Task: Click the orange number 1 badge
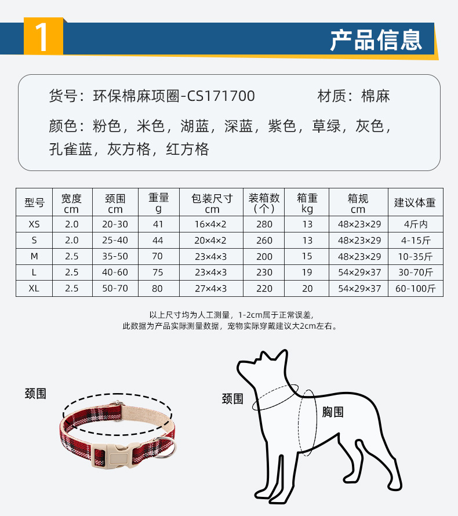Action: click(x=43, y=36)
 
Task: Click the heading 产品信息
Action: click(x=376, y=40)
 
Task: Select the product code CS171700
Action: click(x=221, y=96)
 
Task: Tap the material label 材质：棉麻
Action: click(x=354, y=96)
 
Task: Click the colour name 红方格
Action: click(x=187, y=149)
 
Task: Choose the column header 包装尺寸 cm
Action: click(x=212, y=203)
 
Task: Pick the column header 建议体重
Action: click(x=415, y=202)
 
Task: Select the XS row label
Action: click(x=34, y=224)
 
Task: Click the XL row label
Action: click(x=34, y=289)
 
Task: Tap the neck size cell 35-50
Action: click(x=115, y=256)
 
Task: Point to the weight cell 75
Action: click(x=158, y=272)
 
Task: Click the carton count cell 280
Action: click(x=264, y=224)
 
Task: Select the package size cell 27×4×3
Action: click(x=211, y=289)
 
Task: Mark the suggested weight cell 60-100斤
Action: click(x=416, y=289)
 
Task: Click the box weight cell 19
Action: click(x=307, y=272)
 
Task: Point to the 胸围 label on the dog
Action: click(x=333, y=412)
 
